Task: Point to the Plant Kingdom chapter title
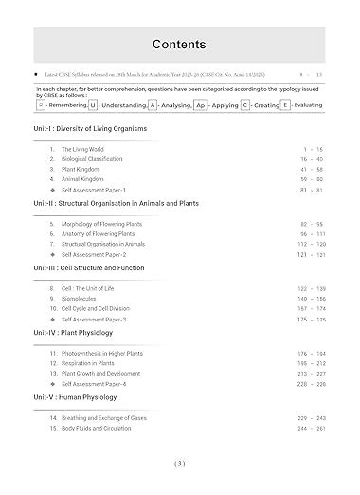tap(82, 171)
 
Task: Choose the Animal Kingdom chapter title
tap(84, 181)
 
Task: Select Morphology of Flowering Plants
tap(103, 224)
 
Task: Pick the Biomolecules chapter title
tap(81, 298)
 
